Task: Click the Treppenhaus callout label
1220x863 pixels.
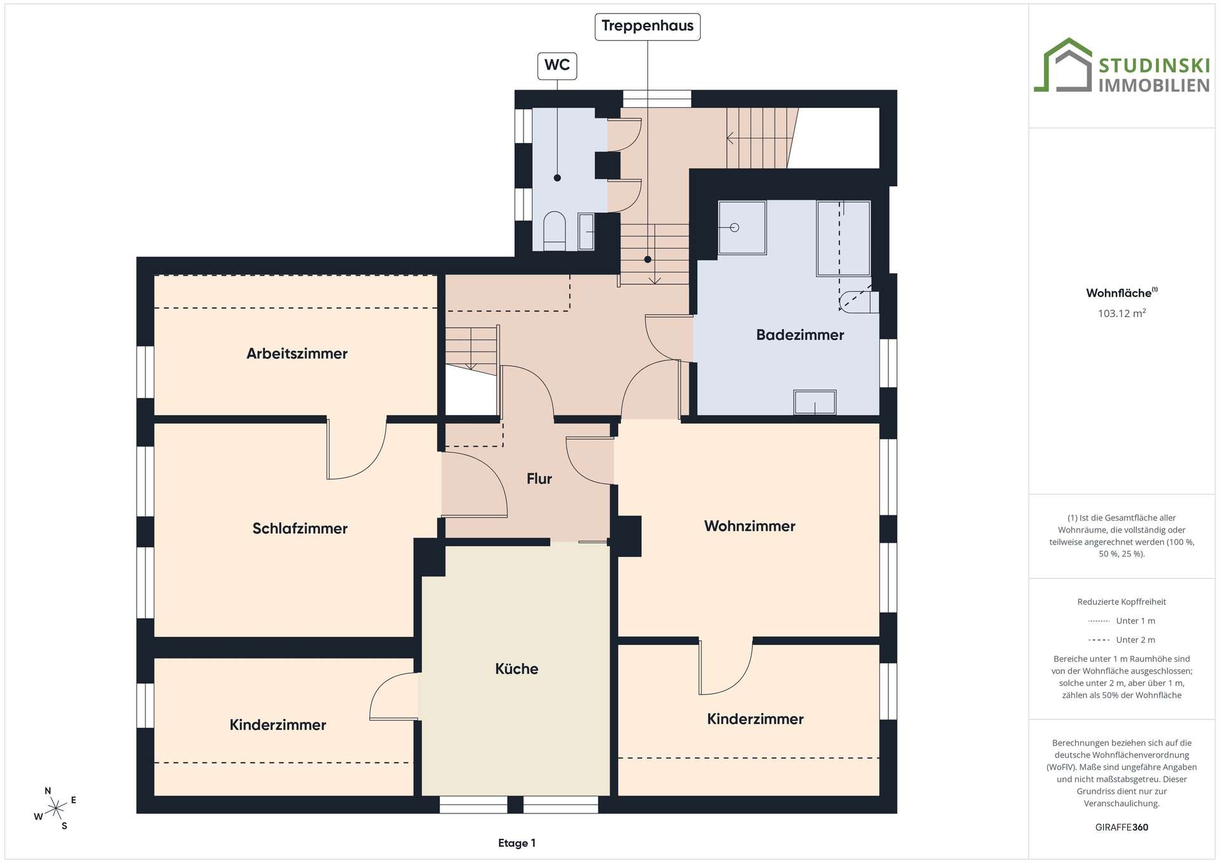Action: (x=647, y=27)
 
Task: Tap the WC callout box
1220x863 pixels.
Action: (x=557, y=65)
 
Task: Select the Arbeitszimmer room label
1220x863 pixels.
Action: (x=297, y=354)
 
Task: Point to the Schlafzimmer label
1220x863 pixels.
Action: (x=300, y=529)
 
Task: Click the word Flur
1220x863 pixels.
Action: (x=539, y=479)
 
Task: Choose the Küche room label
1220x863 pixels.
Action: (x=517, y=669)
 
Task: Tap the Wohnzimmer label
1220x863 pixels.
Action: (x=750, y=526)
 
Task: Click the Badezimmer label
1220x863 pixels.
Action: (x=800, y=335)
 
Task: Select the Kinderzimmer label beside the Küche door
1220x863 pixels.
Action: (x=278, y=725)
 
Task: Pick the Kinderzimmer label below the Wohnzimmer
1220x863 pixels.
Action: (x=756, y=719)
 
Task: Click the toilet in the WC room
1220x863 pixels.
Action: (x=555, y=231)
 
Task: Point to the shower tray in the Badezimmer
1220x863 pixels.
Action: (x=742, y=228)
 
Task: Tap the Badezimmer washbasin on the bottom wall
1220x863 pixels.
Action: (x=815, y=402)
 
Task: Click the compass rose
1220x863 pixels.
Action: (x=57, y=808)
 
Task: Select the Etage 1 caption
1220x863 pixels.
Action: (x=517, y=843)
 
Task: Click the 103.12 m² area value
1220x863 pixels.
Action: (x=1122, y=313)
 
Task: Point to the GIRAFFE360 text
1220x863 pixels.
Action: (x=1122, y=827)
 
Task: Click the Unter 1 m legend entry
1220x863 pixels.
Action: (x=1122, y=621)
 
